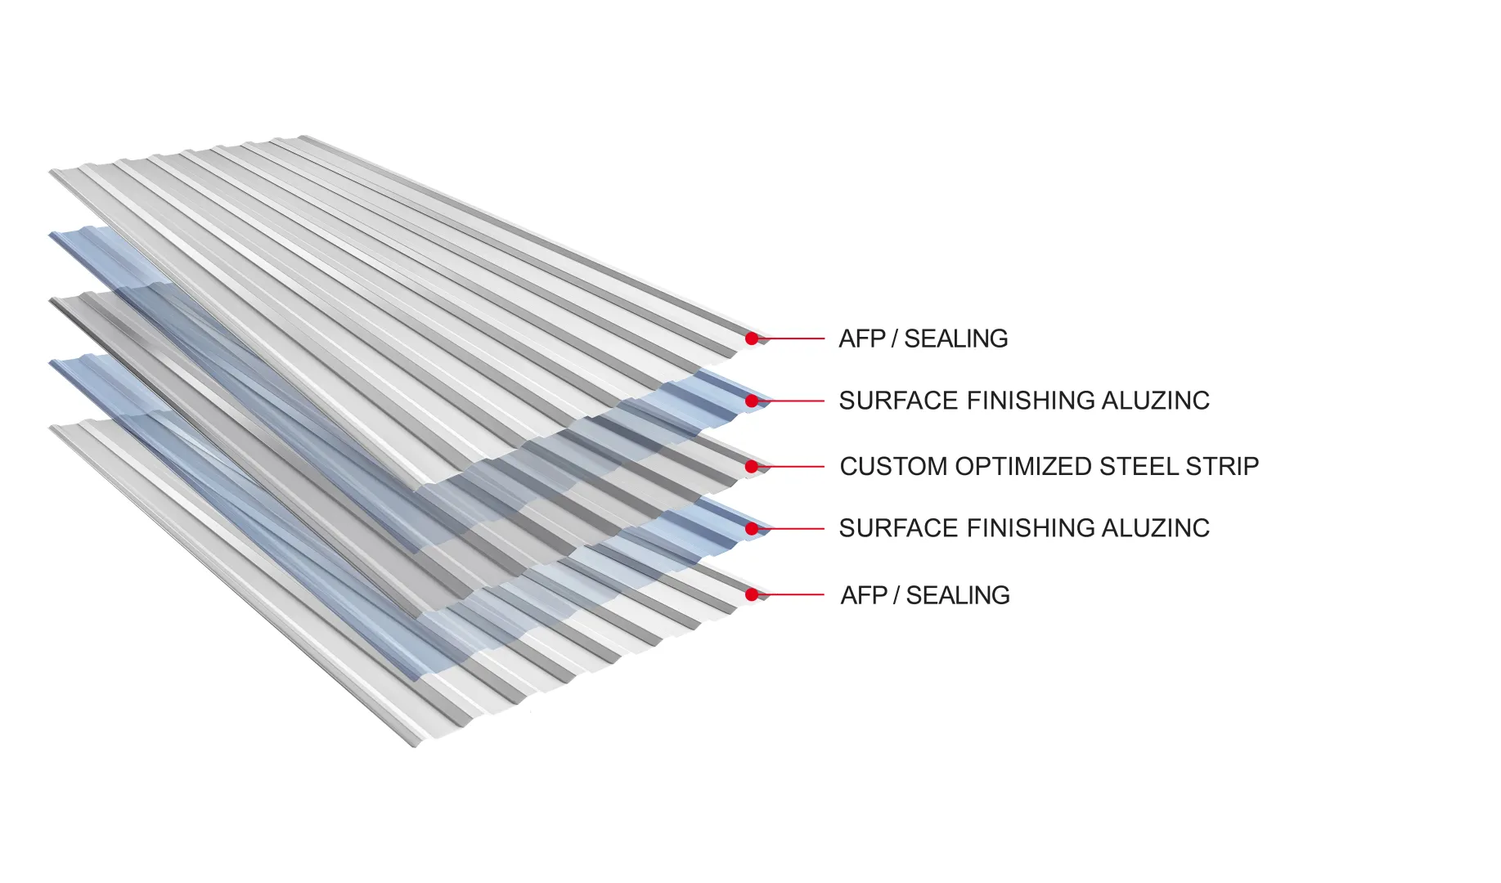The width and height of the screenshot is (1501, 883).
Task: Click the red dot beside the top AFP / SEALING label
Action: tap(752, 338)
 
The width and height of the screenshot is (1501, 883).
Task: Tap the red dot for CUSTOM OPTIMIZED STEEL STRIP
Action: tap(752, 466)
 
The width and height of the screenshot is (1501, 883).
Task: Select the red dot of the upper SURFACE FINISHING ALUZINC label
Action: tap(752, 401)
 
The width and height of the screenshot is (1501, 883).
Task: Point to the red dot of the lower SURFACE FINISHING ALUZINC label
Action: tap(752, 529)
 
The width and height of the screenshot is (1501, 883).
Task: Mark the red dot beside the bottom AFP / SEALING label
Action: tap(752, 594)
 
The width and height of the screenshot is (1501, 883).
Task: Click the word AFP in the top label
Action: tap(862, 338)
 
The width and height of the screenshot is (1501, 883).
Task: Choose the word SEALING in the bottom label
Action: tap(958, 595)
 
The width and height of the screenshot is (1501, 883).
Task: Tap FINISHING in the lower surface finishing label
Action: tap(1031, 528)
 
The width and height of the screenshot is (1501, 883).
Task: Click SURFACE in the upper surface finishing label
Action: tap(898, 401)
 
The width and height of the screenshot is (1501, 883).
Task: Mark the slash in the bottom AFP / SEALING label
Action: tap(897, 595)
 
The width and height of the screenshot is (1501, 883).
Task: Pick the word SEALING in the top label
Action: tap(955, 338)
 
